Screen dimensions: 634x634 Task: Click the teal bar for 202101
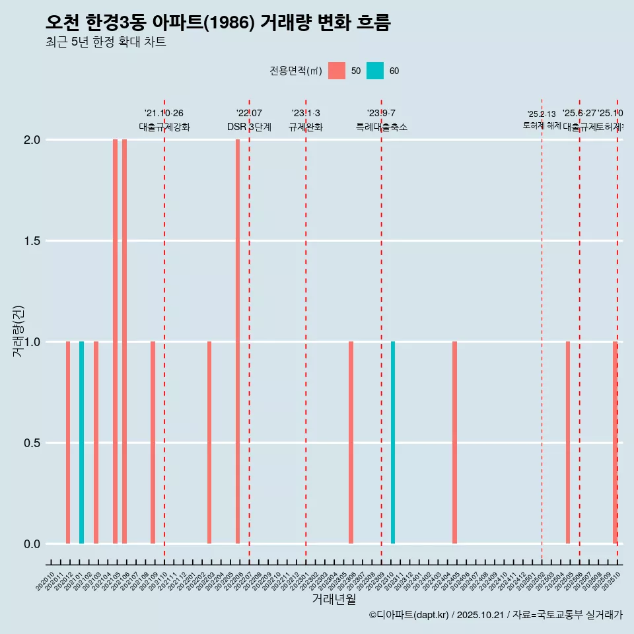click(81, 442)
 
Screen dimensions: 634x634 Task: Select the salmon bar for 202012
click(68, 442)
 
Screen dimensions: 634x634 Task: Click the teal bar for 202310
click(393, 442)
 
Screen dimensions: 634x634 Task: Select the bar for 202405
click(454, 442)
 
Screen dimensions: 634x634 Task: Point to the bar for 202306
click(351, 442)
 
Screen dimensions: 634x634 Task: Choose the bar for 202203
click(209, 442)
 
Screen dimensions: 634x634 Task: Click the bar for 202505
click(567, 442)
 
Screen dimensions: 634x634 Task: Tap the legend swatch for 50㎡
click(337, 71)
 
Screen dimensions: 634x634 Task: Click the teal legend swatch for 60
click(375, 71)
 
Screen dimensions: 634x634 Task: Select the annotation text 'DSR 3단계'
click(249, 127)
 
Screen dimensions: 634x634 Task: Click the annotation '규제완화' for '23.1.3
click(306, 127)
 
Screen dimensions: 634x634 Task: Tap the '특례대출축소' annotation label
click(381, 127)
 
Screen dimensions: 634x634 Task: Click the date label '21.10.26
click(164, 114)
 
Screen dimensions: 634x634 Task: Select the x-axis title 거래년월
click(334, 600)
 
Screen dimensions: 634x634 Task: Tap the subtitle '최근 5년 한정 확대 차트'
click(106, 42)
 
